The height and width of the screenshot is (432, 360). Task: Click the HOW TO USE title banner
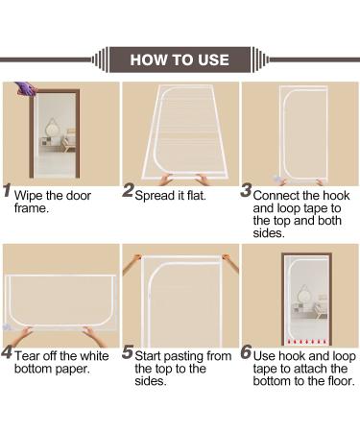pyautogui.click(x=180, y=60)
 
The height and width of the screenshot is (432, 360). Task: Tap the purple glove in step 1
pyautogui.click(x=26, y=88)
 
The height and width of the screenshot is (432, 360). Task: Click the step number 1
pyautogui.click(x=7, y=190)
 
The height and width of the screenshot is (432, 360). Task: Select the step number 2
pyautogui.click(x=128, y=190)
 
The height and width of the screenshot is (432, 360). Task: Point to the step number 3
pyautogui.click(x=246, y=190)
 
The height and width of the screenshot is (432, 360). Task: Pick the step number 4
pyautogui.click(x=7, y=352)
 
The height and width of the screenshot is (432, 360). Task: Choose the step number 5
pyautogui.click(x=128, y=352)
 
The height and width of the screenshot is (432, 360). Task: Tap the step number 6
pyautogui.click(x=246, y=352)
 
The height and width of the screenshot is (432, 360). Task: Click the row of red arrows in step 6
pyautogui.click(x=307, y=342)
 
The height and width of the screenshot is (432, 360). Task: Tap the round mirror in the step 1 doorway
pyautogui.click(x=52, y=128)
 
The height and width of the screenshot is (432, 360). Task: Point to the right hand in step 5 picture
pyautogui.click(x=231, y=263)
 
